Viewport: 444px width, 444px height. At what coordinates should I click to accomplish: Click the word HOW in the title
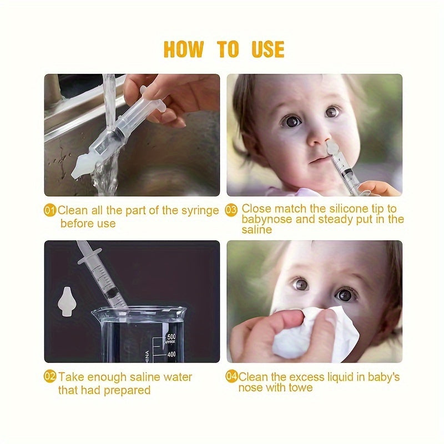(184, 49)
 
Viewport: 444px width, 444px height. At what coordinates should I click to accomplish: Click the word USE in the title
(268, 49)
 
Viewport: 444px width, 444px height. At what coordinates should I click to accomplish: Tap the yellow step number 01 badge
(51, 210)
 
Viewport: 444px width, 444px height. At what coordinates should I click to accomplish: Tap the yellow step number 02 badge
(51, 377)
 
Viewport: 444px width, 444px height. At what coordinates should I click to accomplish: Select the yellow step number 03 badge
(231, 210)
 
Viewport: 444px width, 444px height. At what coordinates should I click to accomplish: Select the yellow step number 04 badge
(231, 377)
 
